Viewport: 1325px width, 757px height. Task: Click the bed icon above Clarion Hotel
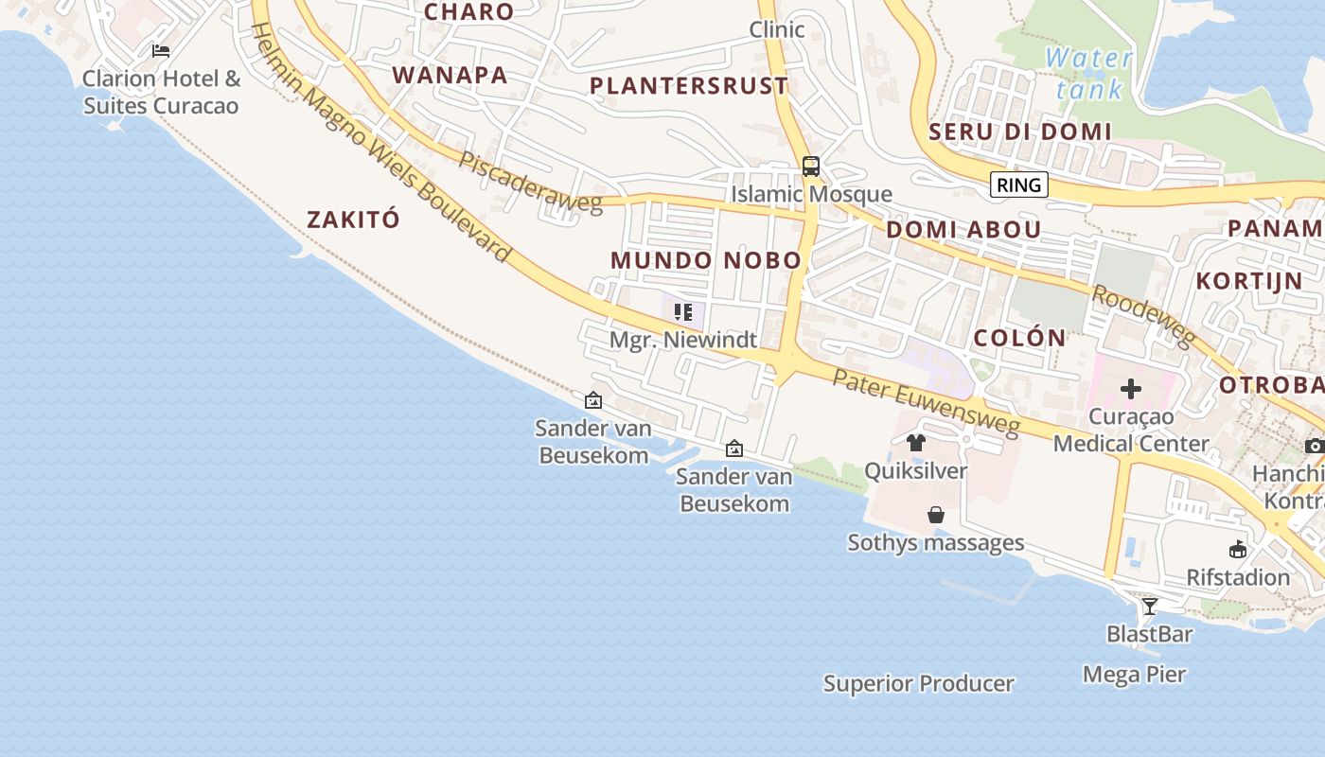(161, 50)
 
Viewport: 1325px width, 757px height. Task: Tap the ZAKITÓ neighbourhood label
(353, 220)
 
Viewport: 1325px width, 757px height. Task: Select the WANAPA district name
(450, 75)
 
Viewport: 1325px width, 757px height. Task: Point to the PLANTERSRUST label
(689, 86)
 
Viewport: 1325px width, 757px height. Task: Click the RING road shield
(1019, 185)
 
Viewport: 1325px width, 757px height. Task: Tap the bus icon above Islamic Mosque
(811, 167)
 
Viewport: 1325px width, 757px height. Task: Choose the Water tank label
(1088, 74)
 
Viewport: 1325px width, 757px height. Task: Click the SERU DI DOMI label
(1020, 132)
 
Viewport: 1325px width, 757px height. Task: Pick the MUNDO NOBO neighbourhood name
(706, 260)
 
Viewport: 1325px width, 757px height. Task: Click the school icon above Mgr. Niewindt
(683, 312)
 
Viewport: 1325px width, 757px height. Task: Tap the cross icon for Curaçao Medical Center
(1131, 388)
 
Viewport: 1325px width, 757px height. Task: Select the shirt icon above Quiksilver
(915, 443)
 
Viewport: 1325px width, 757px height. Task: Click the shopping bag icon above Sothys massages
(936, 515)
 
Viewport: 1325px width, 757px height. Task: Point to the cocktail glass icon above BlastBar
(1150, 606)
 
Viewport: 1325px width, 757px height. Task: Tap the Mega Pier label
(1135, 675)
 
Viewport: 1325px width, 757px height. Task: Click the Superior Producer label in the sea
(918, 683)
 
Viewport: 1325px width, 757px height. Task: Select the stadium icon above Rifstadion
(1238, 549)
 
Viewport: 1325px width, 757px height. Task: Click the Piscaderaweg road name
(530, 182)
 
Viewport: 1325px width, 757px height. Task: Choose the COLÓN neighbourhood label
(1019, 338)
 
